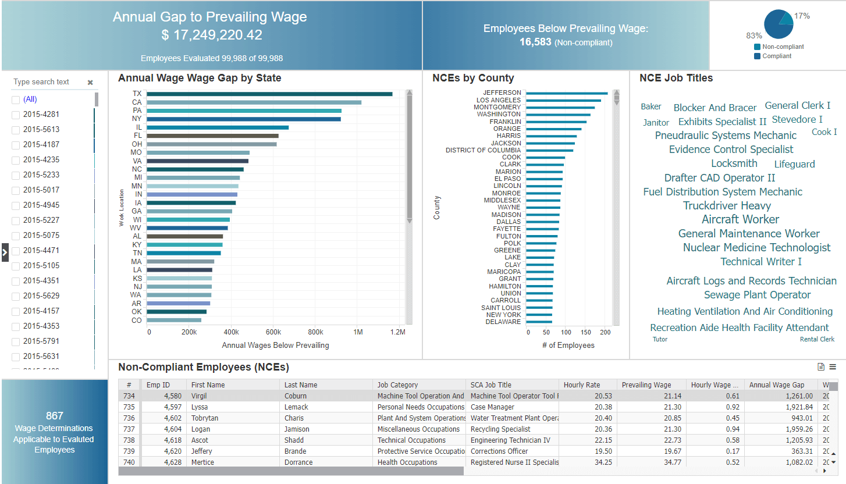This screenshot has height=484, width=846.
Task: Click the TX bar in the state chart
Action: (x=269, y=94)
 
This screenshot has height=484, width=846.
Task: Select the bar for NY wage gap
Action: (x=243, y=119)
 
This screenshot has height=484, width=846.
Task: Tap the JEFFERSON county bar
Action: (x=566, y=93)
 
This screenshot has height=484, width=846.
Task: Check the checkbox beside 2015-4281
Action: (x=16, y=115)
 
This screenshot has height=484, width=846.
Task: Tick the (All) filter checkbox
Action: (x=16, y=99)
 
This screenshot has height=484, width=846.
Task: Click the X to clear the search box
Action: (x=90, y=83)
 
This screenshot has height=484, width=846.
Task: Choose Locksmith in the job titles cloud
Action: (x=734, y=163)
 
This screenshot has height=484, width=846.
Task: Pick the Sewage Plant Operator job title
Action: (x=757, y=295)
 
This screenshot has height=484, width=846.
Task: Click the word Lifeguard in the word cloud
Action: (x=794, y=164)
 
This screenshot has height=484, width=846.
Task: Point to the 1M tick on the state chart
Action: (x=358, y=332)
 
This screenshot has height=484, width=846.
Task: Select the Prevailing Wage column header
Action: (x=646, y=385)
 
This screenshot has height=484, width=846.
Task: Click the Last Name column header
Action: (x=301, y=385)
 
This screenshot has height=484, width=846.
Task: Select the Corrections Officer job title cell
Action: (x=499, y=451)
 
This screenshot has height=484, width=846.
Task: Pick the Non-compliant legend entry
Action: (x=783, y=47)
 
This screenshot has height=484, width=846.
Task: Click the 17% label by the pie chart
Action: (x=802, y=16)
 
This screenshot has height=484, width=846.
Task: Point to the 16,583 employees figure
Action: (x=535, y=42)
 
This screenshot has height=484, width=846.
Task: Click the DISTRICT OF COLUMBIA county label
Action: (x=483, y=150)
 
